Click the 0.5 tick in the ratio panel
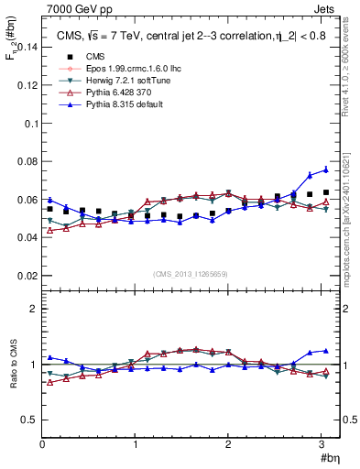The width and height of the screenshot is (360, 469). click(x=29, y=420)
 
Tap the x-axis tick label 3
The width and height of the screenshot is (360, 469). click(x=322, y=444)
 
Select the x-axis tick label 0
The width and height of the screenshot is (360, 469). click(x=42, y=444)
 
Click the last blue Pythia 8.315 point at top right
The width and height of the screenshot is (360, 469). click(x=325, y=169)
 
